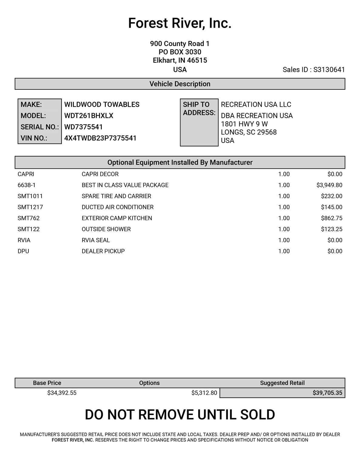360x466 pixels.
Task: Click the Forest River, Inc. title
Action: tap(180, 23)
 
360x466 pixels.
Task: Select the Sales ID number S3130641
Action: tap(329, 70)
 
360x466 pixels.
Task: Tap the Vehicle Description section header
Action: tap(180, 84)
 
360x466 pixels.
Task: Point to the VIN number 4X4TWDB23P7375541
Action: tap(100, 138)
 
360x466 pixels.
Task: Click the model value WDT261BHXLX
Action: tap(89, 116)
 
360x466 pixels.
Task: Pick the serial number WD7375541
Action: tap(83, 127)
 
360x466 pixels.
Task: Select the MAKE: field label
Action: tap(31, 105)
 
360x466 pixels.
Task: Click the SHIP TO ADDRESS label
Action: tap(199, 109)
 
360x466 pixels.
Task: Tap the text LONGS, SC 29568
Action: tap(249, 132)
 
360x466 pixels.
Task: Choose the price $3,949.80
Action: tap(329, 185)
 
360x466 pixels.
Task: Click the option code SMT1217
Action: tap(30, 207)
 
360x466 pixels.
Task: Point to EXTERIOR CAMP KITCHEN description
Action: tap(117, 218)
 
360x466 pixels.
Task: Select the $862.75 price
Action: tap(331, 218)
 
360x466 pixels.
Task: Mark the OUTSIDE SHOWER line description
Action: tap(106, 229)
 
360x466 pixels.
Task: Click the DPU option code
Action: tap(23, 251)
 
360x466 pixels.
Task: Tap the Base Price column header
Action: tap(47, 383)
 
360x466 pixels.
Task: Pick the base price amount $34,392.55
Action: tap(62, 393)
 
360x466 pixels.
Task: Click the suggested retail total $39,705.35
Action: tap(327, 393)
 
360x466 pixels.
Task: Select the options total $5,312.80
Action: tap(204, 393)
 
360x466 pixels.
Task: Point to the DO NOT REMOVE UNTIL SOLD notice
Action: tap(180, 415)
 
